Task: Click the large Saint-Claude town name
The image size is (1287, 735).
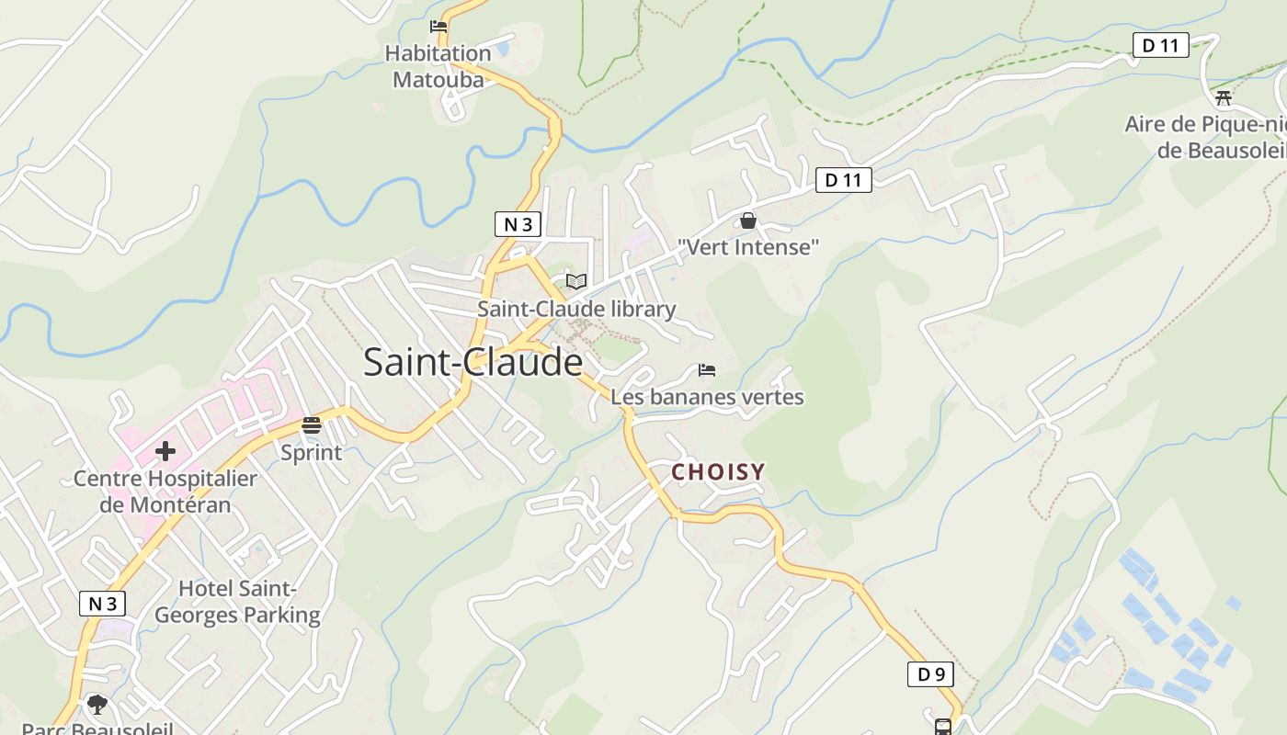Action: coord(473,362)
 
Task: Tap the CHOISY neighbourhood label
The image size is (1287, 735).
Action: coord(718,472)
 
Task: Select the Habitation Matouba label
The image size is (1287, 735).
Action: coord(438,66)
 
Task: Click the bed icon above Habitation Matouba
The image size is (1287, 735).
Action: coord(438,27)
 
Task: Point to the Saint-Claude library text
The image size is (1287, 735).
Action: coord(576,310)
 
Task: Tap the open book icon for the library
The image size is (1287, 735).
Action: coord(576,281)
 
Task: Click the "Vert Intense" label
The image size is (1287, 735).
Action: coord(748,247)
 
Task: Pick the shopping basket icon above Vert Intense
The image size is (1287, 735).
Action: coord(748,220)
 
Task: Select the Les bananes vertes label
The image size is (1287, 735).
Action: coord(707,397)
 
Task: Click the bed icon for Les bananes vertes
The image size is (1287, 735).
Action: coord(707,370)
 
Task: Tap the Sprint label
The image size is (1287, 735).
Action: coord(311,452)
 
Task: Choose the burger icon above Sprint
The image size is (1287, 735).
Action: coord(311,425)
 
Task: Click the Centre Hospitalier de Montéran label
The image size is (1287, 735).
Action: coord(165,492)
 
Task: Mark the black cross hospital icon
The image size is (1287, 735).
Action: coord(165,451)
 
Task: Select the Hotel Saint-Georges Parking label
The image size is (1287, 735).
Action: coord(237,602)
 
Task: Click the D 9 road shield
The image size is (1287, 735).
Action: coord(930,674)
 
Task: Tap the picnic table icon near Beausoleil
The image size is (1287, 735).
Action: coord(1223,97)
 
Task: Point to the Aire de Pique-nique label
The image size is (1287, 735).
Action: coord(1205,137)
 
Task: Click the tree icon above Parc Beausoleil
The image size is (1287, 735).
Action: coord(97,706)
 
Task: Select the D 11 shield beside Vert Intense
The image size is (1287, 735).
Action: coord(843,180)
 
